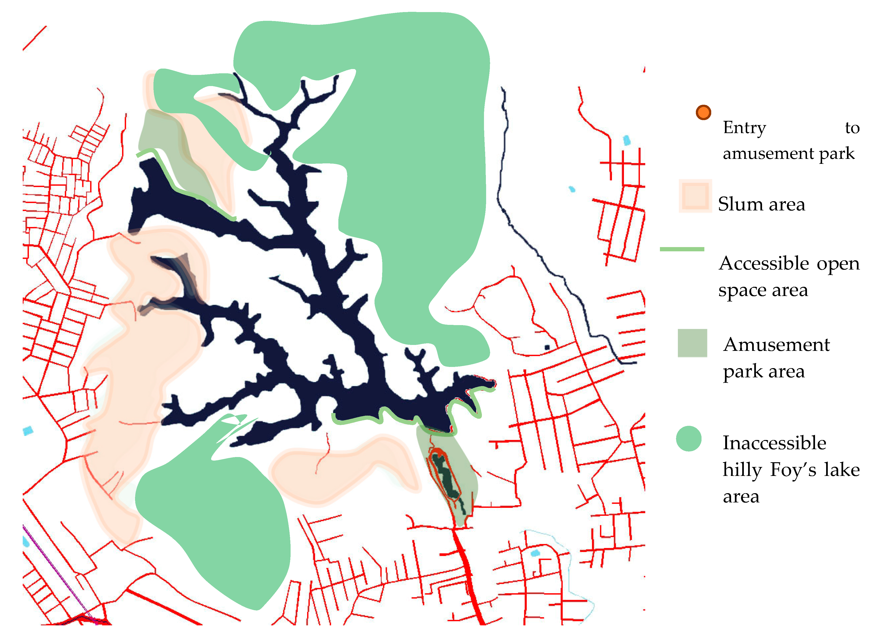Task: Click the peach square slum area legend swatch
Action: coord(695,196)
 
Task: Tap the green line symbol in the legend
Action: coord(682,249)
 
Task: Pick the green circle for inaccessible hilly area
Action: coord(688,439)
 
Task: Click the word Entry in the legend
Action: coord(744,127)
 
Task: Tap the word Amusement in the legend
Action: coord(776,344)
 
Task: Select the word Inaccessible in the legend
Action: coord(774,443)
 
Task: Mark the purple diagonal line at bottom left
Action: coord(54,570)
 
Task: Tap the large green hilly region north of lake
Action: coord(404,154)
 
